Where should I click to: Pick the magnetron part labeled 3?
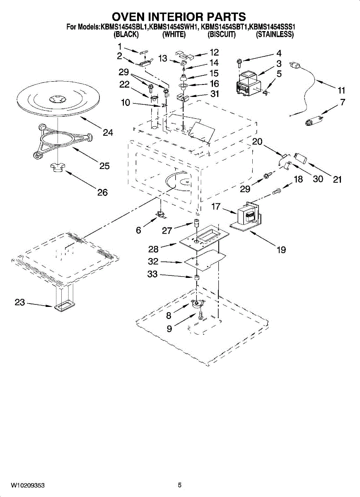coord(248,84)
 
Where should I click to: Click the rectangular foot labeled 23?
coord(64,306)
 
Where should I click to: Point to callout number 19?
coord(281,250)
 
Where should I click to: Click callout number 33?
coord(152,274)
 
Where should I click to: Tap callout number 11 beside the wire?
coord(341,91)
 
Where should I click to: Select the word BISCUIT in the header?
coord(221,35)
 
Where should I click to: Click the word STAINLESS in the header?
coord(275,35)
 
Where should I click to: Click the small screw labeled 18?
coord(277,191)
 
